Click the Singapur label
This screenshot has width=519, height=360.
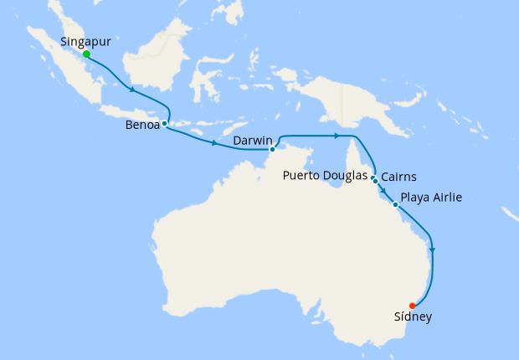point(87,40)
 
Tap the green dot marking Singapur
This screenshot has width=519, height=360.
point(86,54)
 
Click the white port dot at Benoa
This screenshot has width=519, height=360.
point(164,124)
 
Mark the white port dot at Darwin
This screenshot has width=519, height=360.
point(272,150)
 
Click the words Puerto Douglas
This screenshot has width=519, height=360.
point(326,176)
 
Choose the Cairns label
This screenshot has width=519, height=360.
point(400,177)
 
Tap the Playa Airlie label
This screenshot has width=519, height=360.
point(431,198)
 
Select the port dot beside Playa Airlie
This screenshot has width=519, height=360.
point(395,203)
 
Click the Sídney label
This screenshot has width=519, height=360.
point(413,317)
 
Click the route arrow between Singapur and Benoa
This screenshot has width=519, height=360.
point(131,90)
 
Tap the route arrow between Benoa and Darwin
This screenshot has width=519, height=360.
point(214,143)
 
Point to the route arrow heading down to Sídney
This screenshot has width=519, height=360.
point(432,249)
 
